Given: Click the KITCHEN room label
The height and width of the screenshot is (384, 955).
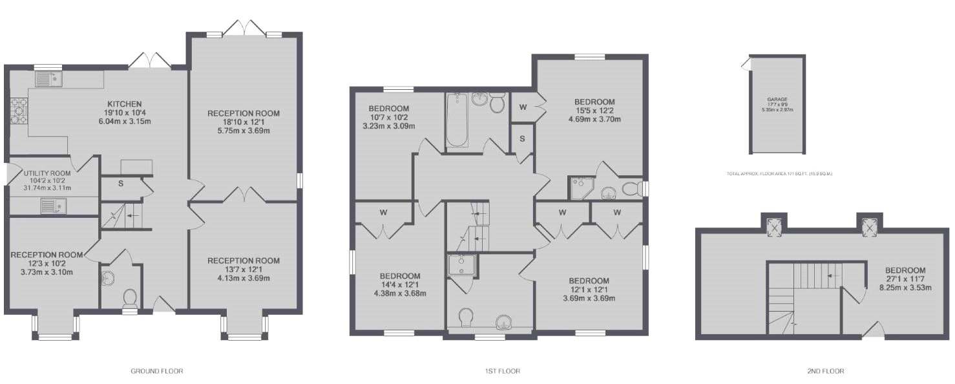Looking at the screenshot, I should pyautogui.click(x=125, y=103).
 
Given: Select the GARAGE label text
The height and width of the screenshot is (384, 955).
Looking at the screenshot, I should pyautogui.click(x=777, y=100).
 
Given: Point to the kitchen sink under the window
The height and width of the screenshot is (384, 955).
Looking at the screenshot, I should pyautogui.click(x=47, y=79).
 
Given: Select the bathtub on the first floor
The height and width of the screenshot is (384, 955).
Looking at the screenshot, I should pyautogui.click(x=457, y=120).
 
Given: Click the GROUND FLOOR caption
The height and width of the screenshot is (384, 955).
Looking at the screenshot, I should pyautogui.click(x=156, y=371).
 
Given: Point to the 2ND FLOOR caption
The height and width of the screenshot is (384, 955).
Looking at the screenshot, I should pyautogui.click(x=825, y=371).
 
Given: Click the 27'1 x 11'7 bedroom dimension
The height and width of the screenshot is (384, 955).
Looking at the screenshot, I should pyautogui.click(x=905, y=279).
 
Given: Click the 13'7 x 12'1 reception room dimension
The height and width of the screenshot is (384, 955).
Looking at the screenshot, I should pyautogui.click(x=244, y=270).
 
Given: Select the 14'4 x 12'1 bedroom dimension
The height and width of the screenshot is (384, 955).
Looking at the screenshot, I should pyautogui.click(x=401, y=285).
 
